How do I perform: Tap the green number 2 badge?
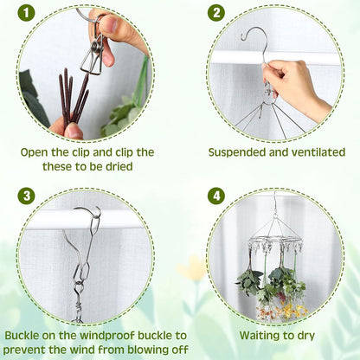coord(216,14)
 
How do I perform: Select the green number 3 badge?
coord(29,196)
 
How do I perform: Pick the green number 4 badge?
coord(216,196)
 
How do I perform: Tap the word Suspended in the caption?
coord(240,152)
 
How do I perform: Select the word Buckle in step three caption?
coord(23,335)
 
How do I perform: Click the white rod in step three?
coord(52,221)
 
